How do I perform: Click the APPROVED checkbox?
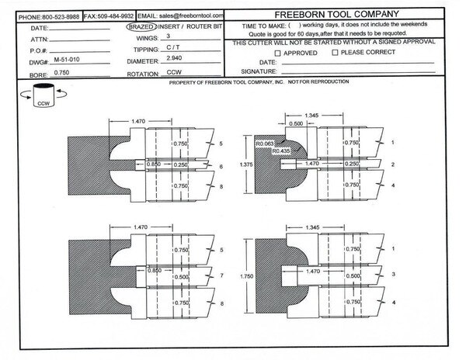277,54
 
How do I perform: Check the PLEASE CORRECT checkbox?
335,53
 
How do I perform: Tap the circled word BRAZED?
141,26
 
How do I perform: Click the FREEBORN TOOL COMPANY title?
336,14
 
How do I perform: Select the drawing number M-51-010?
67,60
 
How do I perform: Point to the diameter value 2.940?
174,58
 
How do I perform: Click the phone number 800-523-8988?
61,17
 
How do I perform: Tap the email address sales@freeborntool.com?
191,16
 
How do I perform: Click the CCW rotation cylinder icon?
43,95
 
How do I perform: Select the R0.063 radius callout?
265,144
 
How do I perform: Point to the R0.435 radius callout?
281,151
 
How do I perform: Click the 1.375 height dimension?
246,164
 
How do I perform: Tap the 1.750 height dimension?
247,276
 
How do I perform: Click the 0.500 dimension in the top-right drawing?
296,124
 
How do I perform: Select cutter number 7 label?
221,275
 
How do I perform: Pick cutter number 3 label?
394,274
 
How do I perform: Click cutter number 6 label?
221,167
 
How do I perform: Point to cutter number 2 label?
393,164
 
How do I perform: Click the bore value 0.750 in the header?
61,73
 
